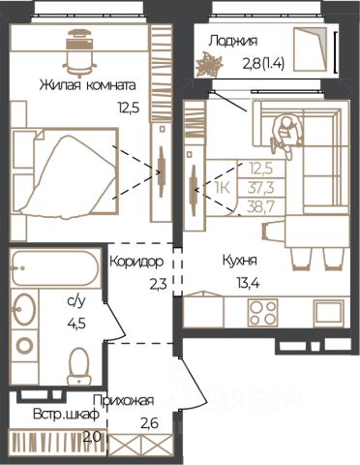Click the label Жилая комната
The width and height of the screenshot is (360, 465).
tap(88, 86)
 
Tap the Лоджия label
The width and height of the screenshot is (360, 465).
tap(233, 42)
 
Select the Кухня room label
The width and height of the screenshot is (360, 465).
tap(240, 261)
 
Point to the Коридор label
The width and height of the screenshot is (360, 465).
tap(136, 262)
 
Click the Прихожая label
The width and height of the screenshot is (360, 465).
tap(123, 401)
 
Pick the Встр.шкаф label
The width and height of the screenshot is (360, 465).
tap(66, 415)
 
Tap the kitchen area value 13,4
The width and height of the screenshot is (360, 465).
tap(249, 284)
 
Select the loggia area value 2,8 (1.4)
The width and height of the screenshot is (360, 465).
tap(263, 64)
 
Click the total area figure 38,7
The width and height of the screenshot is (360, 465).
tap(261, 205)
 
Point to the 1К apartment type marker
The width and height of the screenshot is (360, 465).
tap(223, 188)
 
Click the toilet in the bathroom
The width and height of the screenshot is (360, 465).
tap(79, 366)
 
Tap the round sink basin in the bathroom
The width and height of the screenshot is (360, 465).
tap(24, 308)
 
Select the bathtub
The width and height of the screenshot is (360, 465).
tap(55, 268)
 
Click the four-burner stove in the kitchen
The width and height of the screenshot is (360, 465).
tap(262, 313)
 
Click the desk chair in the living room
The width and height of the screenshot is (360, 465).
tap(78, 51)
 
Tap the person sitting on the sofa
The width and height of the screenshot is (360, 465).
tap(286, 135)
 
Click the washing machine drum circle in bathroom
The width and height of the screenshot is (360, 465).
tap(24, 346)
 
